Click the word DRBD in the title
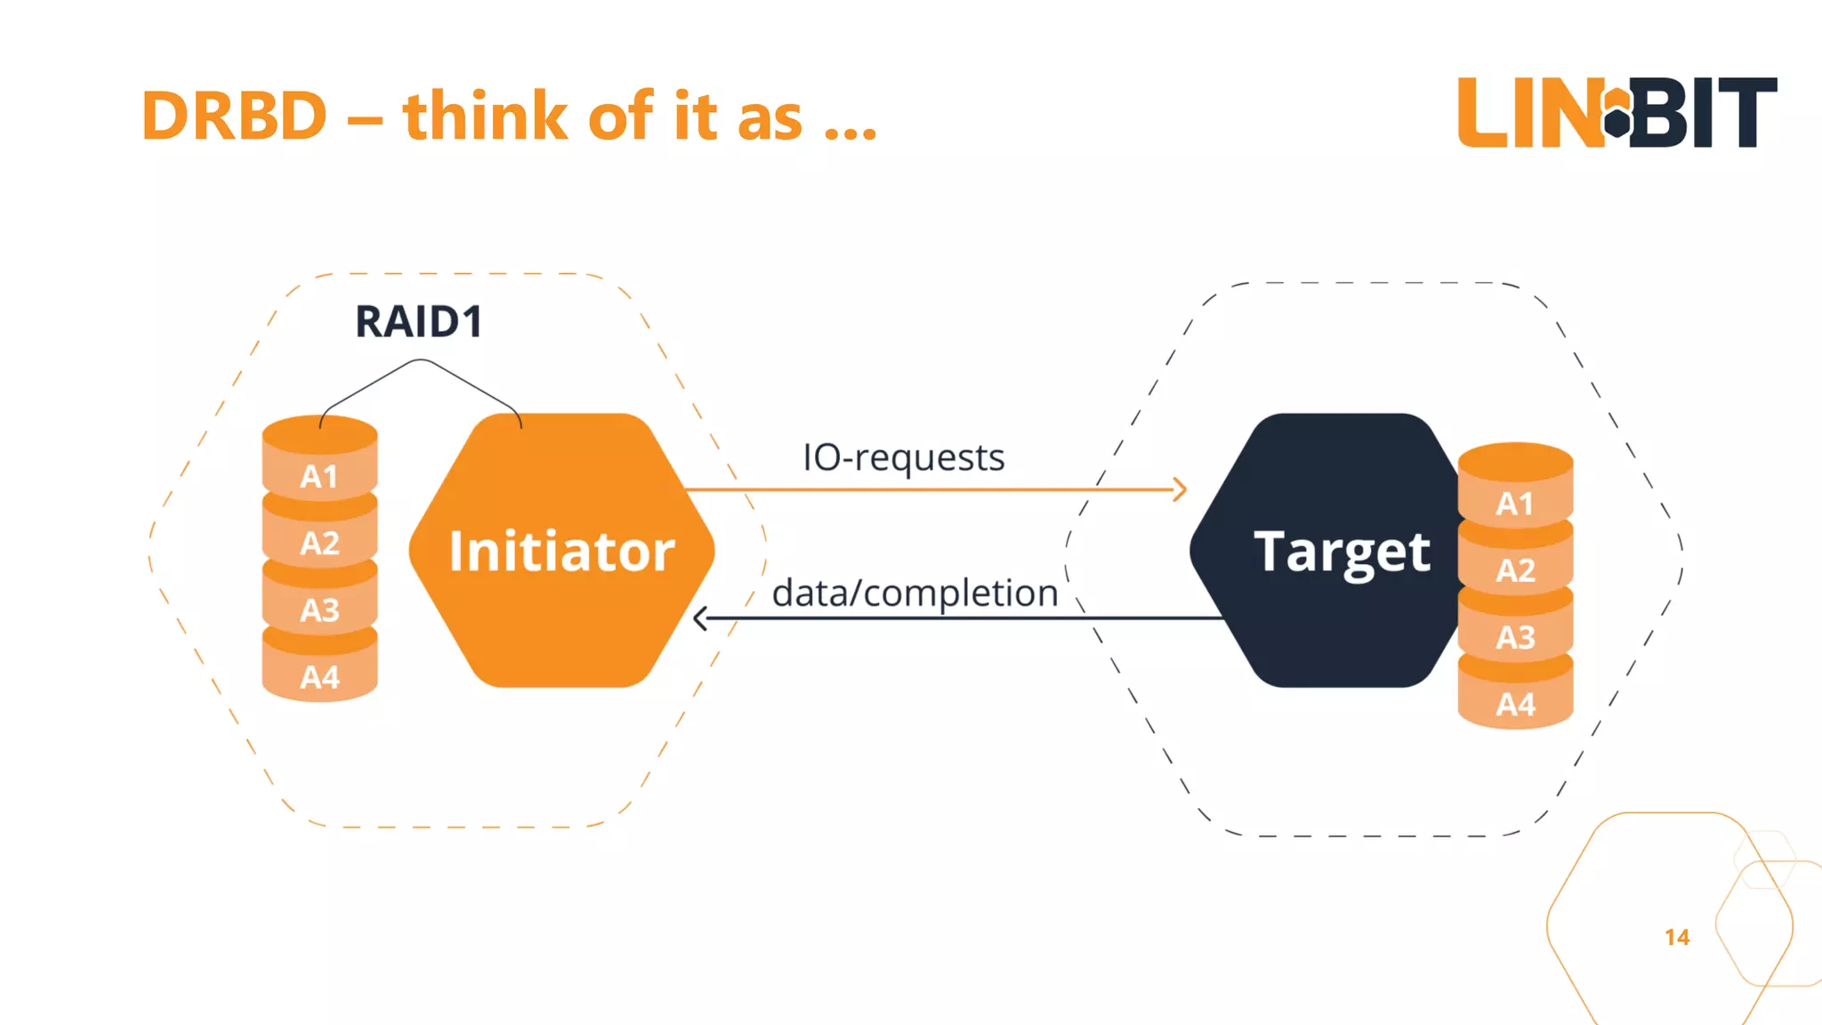234,117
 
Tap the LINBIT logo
1616,113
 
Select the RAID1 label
418,322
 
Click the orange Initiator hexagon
561,551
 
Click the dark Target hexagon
1334,551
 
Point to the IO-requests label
903,457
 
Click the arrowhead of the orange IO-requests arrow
1180,489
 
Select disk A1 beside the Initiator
319,476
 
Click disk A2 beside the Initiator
319,543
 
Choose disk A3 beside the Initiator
319,610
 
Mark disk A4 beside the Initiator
319,677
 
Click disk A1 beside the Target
1515,504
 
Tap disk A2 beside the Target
1515,570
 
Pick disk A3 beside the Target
1515,637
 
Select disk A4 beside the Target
1515,705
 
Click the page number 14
1676,937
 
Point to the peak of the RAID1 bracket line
421,360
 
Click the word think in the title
485,117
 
